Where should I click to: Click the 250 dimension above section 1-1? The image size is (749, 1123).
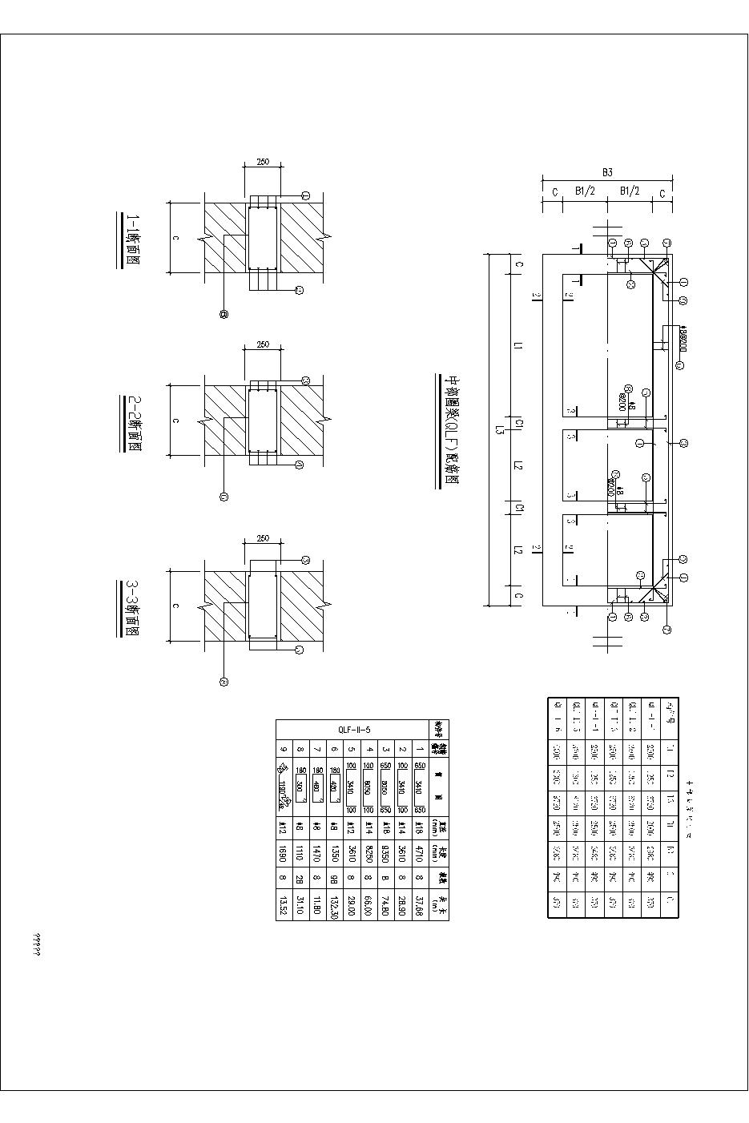coord(263,163)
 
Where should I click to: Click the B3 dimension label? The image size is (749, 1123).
coord(607,172)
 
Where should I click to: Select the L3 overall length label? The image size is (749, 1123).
coord(498,430)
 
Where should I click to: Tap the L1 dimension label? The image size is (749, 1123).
coord(518,345)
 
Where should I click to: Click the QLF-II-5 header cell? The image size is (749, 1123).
coord(352,729)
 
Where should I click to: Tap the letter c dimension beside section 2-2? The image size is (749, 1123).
coord(175,421)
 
